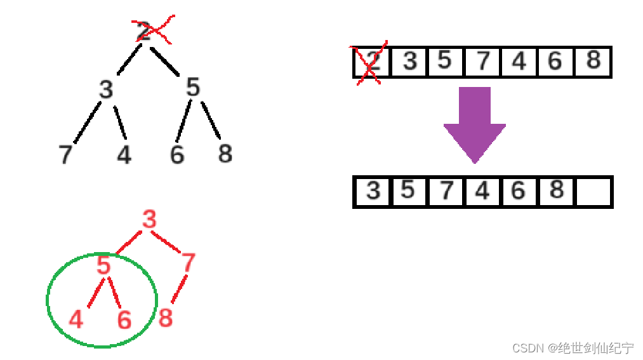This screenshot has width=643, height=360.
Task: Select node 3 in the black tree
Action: (x=106, y=90)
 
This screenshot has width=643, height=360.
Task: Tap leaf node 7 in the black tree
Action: (x=65, y=154)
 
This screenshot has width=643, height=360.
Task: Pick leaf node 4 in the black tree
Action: (x=124, y=154)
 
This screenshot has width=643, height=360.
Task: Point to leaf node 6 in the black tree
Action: (x=177, y=154)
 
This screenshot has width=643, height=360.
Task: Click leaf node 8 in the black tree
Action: (x=225, y=153)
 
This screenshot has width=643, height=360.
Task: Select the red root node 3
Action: (x=149, y=220)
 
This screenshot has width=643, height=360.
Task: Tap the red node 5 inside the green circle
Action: (x=104, y=265)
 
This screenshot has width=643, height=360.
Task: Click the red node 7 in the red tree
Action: (x=188, y=263)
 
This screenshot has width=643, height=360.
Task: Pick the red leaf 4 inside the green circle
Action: (x=76, y=319)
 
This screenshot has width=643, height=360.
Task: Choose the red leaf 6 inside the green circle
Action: (x=124, y=320)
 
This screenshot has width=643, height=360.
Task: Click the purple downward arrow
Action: (x=475, y=123)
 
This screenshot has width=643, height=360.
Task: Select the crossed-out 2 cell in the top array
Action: (x=372, y=62)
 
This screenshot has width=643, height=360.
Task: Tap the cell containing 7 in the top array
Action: (x=483, y=62)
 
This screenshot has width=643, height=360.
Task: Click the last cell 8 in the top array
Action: (x=593, y=61)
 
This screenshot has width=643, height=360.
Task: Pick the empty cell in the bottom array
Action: (x=593, y=192)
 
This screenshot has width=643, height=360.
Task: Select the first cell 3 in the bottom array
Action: (x=373, y=191)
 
